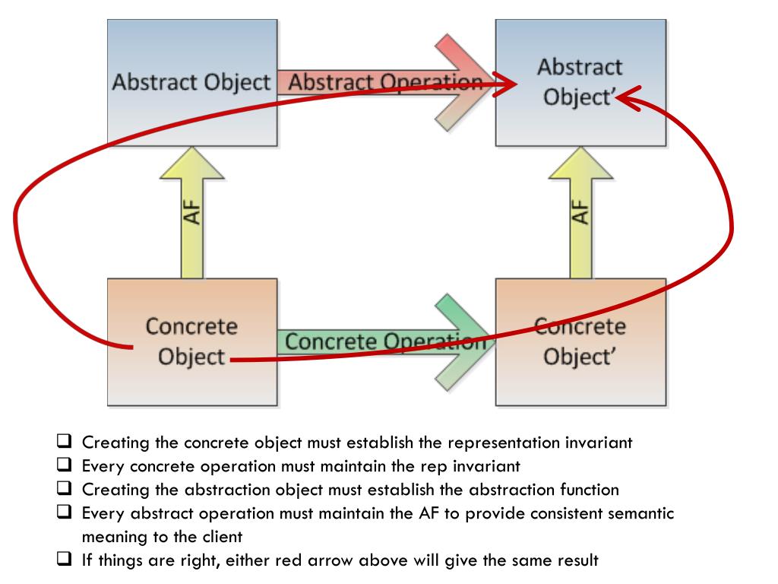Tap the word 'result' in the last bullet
[577, 560]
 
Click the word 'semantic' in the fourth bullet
[640, 513]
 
